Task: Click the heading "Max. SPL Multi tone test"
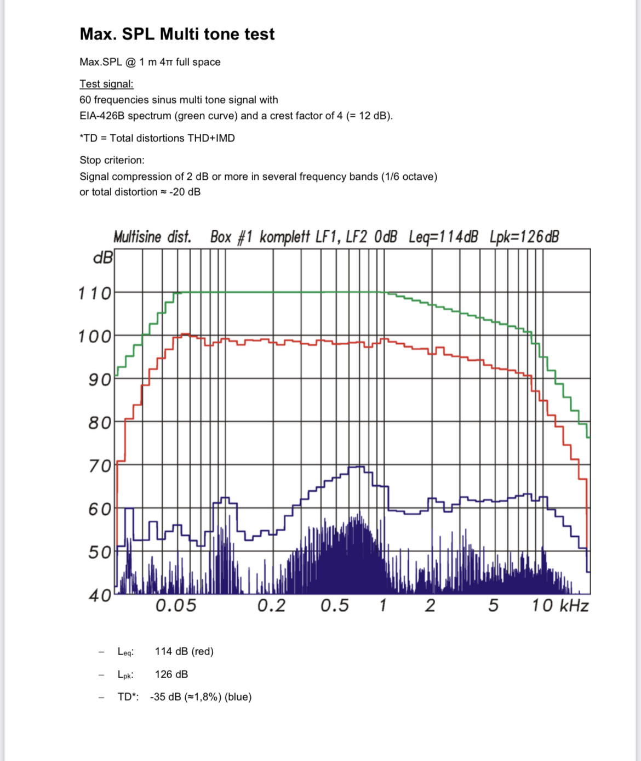(x=177, y=34)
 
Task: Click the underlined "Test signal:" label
(x=106, y=84)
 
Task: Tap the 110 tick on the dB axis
(x=95, y=293)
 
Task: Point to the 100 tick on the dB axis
(x=95, y=336)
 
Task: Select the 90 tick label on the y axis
(x=99, y=379)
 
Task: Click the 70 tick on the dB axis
(x=99, y=466)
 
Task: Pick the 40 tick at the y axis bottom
(x=99, y=595)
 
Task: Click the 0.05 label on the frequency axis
(x=176, y=606)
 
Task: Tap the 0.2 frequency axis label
(x=272, y=606)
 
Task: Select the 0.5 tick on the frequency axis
(x=335, y=606)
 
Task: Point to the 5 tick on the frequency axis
(x=494, y=606)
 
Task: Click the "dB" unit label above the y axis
(x=104, y=257)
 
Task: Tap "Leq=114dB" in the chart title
(x=443, y=237)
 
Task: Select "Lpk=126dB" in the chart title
(x=524, y=237)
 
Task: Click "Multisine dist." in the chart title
(x=152, y=237)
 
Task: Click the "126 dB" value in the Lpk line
(x=171, y=674)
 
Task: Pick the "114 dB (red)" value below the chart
(x=184, y=651)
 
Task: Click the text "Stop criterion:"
(x=112, y=160)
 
